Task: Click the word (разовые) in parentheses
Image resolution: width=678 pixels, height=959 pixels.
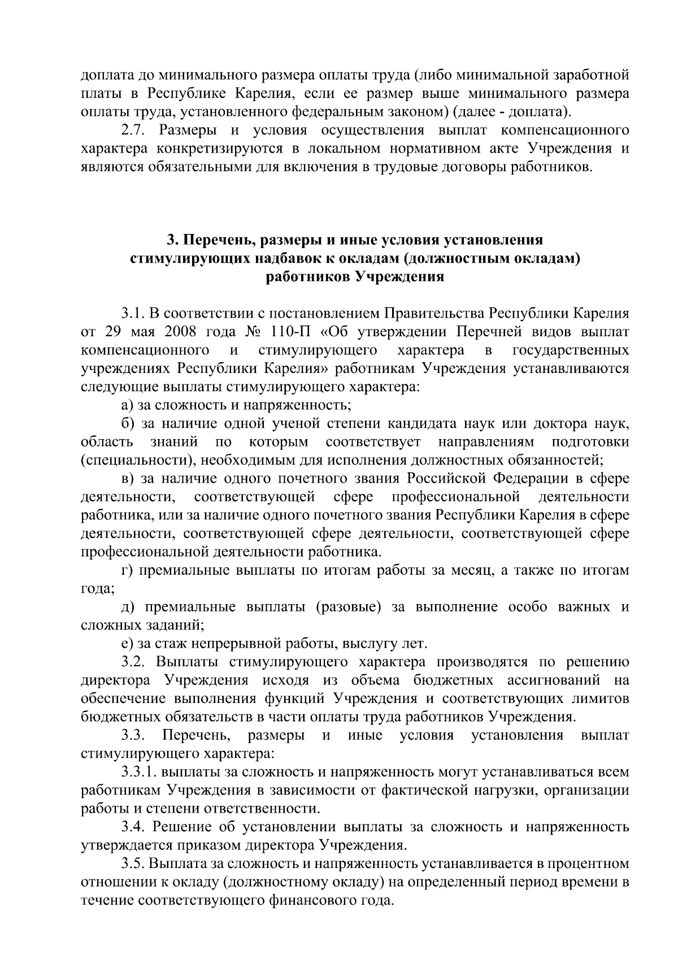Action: (347, 607)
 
